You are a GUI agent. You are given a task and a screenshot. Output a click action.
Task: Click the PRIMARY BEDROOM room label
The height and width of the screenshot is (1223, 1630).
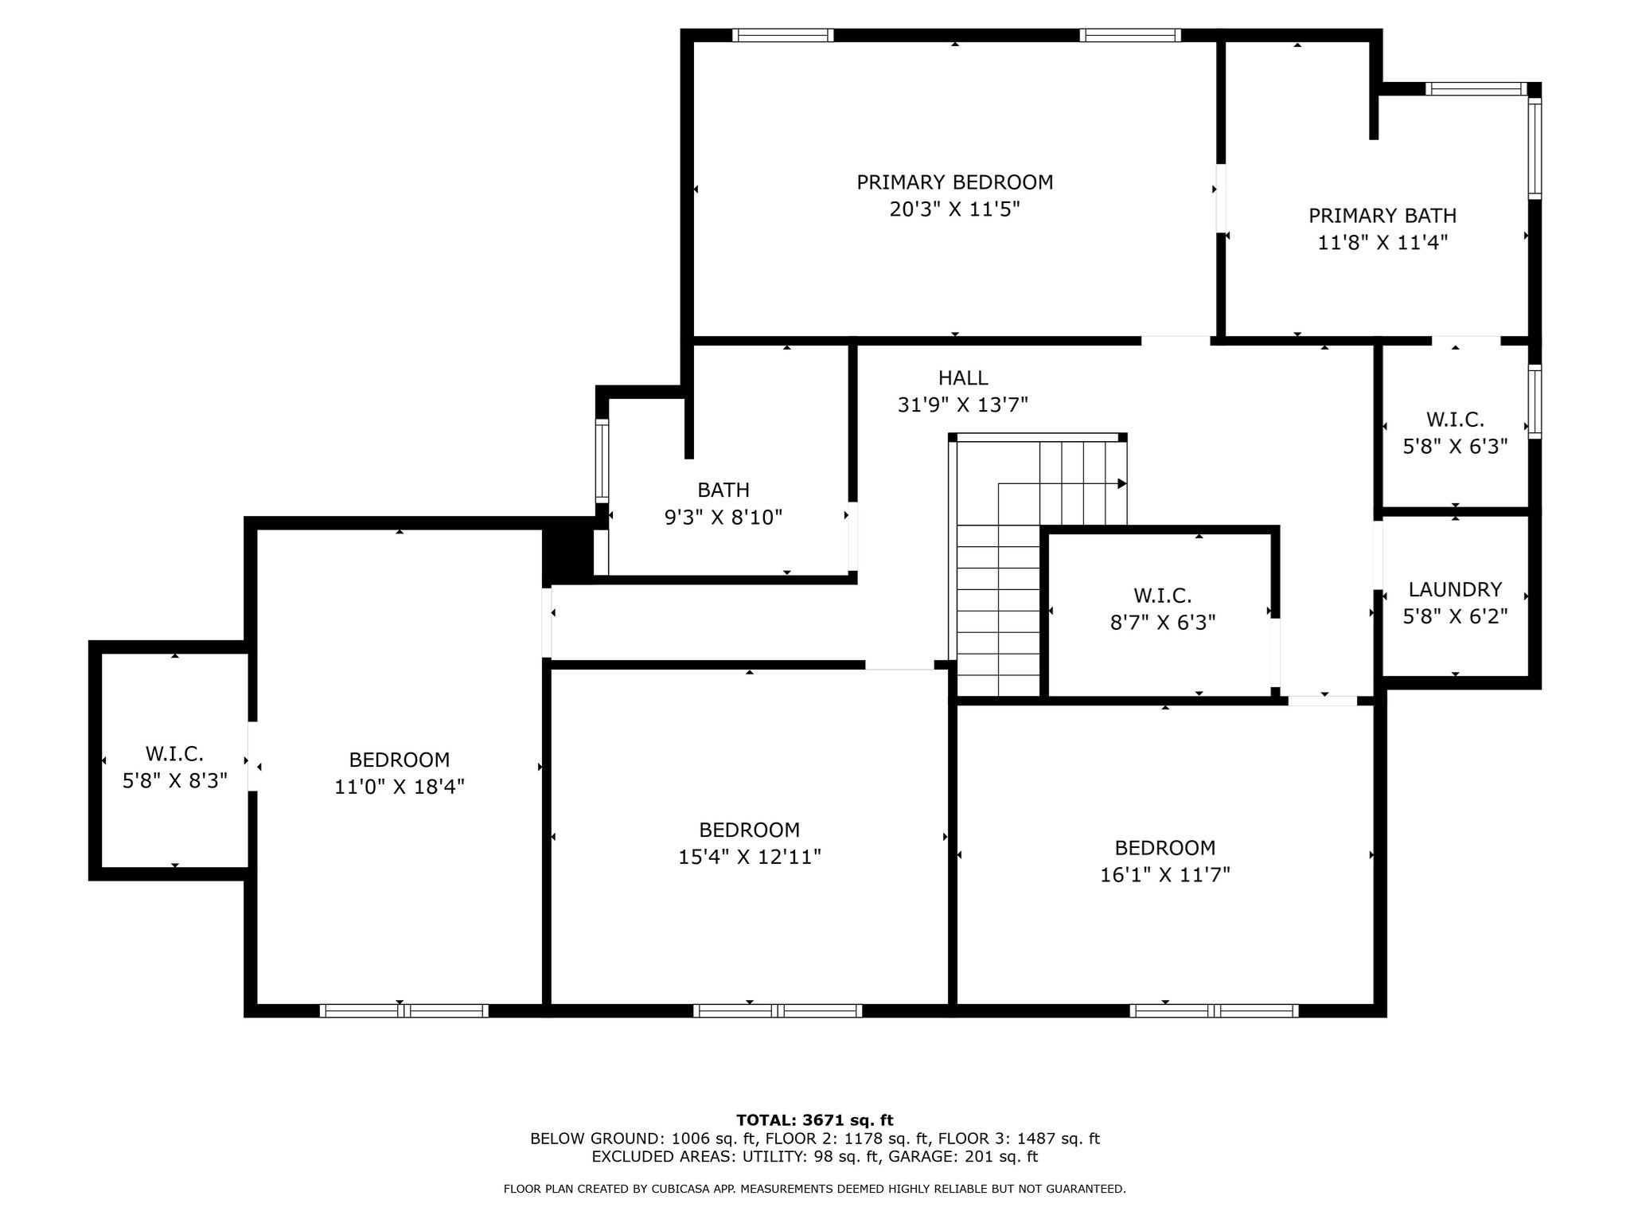954,182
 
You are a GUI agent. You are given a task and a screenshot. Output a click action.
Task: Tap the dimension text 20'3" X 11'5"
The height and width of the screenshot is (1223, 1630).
954,209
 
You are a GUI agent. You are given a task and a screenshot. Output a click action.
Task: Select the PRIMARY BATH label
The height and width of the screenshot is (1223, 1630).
1382,216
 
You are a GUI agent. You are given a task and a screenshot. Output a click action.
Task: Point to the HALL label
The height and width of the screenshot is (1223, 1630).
963,378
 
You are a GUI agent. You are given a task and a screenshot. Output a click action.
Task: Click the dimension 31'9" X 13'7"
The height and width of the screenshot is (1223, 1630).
963,405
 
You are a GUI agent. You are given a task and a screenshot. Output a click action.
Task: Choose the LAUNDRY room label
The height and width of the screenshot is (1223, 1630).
1455,589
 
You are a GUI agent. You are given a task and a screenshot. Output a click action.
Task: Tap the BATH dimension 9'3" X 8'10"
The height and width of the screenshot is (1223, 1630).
723,518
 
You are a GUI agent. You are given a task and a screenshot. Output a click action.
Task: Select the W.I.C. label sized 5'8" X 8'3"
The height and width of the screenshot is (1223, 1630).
174,753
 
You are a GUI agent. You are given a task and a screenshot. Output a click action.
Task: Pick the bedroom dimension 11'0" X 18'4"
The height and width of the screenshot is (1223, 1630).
400,787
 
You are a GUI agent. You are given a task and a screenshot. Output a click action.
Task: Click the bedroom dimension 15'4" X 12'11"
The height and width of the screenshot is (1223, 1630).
750,857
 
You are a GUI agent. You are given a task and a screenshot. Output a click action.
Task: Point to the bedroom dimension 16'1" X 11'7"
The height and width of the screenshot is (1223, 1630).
1165,875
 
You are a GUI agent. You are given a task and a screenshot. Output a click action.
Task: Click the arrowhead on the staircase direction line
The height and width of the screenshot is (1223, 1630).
1122,483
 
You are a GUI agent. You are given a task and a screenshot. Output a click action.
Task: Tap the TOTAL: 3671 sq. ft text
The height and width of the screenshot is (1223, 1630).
815,1120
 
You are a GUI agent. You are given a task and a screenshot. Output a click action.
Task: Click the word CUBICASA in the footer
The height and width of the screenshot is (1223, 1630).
684,1189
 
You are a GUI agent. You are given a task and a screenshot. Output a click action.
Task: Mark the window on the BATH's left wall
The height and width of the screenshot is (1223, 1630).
602,462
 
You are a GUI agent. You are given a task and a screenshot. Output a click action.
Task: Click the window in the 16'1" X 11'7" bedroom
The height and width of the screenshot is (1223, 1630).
1214,1011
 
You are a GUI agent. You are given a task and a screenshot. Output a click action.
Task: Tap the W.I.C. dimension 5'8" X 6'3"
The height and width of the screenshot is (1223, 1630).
1455,447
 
